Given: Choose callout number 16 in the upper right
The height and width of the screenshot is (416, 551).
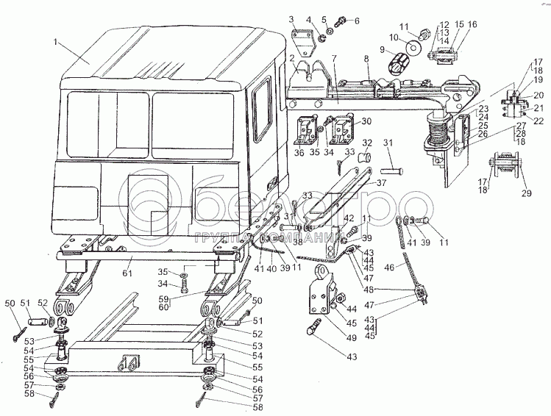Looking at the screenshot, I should click(472, 25).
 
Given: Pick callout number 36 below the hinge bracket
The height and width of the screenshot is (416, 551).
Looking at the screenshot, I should click(299, 153).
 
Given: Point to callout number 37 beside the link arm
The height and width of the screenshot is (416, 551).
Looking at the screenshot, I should click(382, 182).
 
